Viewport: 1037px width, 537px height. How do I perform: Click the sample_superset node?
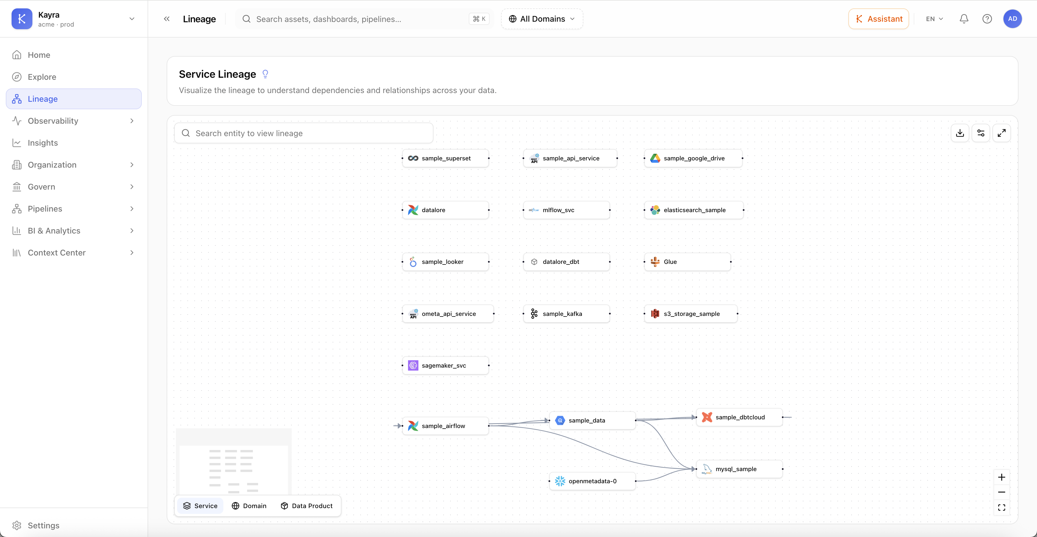coord(445,158)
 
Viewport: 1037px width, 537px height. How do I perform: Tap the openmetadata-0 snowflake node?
coord(592,481)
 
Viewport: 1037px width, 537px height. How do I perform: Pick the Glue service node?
coord(687,262)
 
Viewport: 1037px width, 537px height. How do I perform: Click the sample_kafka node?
coord(567,314)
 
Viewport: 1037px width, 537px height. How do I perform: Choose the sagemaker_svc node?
coord(445,366)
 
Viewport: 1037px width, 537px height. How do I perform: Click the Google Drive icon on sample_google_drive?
coord(655,158)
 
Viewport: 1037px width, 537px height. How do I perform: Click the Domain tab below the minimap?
coord(249,505)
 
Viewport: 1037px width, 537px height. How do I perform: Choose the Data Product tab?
coord(307,505)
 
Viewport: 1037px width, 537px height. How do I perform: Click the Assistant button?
coord(878,19)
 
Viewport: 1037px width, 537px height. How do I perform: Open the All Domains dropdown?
coord(542,19)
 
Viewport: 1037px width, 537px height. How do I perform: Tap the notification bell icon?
coord(964,19)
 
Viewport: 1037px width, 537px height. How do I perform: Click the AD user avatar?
coord(1012,19)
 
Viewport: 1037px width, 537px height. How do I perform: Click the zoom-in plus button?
coord(1002,477)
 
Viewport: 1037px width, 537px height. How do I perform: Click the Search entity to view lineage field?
coord(304,133)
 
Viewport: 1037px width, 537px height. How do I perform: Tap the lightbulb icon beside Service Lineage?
coord(265,74)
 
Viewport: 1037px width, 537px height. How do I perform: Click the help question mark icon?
coord(987,19)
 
